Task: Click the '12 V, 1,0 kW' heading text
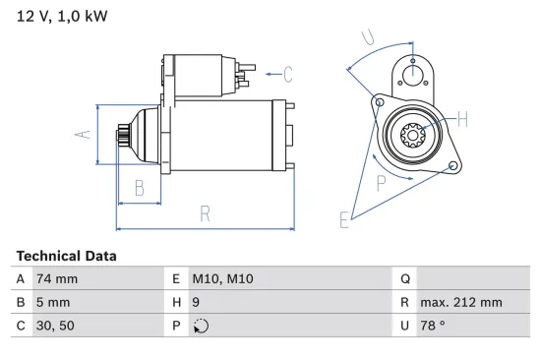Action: [61, 17]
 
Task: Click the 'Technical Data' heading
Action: [66, 256]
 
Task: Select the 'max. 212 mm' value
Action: [460, 303]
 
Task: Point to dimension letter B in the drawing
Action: [140, 187]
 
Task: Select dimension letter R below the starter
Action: [205, 212]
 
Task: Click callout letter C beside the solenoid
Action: [288, 72]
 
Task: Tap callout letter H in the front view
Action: [462, 120]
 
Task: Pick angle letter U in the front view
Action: [367, 38]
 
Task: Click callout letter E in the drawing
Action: [344, 220]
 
